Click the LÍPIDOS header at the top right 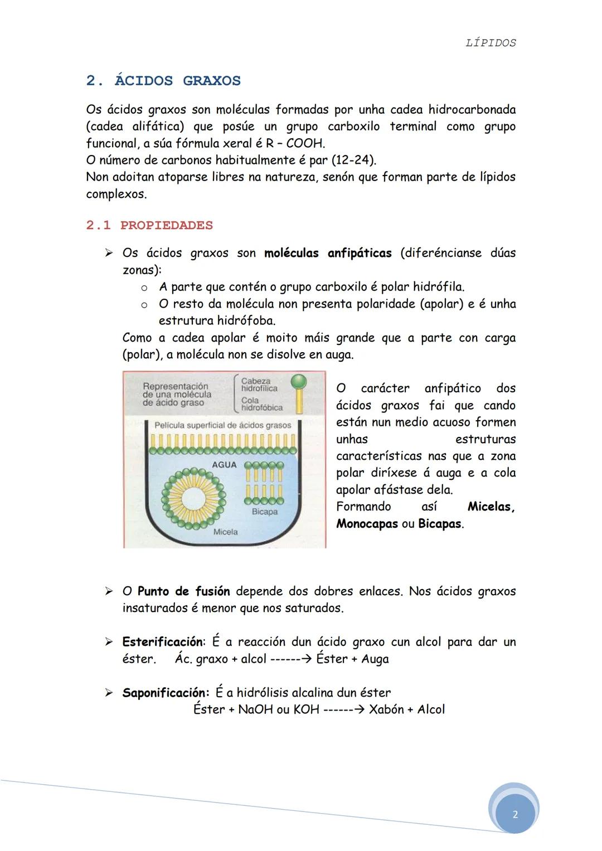[x=491, y=43]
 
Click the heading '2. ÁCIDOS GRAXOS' [x=163, y=81]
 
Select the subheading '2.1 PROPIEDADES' [x=149, y=226]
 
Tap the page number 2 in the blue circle [x=514, y=814]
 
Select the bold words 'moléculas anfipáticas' [x=328, y=253]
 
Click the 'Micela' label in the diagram [x=225, y=532]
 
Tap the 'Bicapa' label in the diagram [x=264, y=512]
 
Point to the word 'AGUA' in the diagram [x=224, y=464]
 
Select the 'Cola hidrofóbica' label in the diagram [x=261, y=403]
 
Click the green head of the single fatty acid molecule [x=299, y=381]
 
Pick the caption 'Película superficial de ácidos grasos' [x=222, y=425]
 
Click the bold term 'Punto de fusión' [x=183, y=591]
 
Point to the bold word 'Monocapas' [x=367, y=524]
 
